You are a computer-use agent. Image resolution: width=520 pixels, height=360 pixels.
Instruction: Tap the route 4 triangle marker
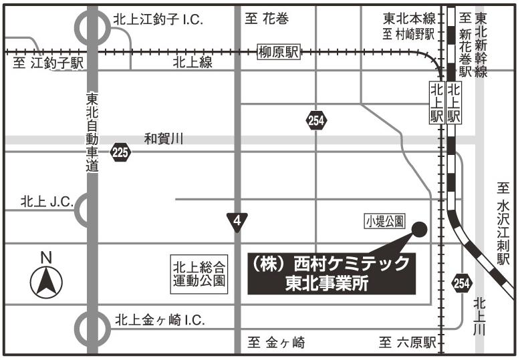click(x=237, y=221)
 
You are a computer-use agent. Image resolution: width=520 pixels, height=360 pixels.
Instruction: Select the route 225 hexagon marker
click(x=120, y=153)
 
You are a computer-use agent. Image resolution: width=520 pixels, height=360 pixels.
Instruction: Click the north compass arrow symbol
click(x=46, y=281)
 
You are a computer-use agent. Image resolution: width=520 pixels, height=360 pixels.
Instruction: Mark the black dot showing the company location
click(x=420, y=229)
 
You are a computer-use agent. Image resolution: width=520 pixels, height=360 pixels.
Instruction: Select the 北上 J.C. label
click(x=47, y=200)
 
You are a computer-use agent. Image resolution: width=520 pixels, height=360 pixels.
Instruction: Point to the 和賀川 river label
click(x=164, y=140)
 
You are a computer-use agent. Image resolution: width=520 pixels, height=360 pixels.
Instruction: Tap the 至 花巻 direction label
click(x=267, y=19)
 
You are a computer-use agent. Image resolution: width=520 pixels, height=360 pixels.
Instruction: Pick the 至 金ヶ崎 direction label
click(x=277, y=343)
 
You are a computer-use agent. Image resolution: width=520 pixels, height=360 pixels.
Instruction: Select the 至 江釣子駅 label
click(x=48, y=63)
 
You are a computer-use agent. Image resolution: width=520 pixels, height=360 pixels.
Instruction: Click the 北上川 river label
click(x=479, y=317)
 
